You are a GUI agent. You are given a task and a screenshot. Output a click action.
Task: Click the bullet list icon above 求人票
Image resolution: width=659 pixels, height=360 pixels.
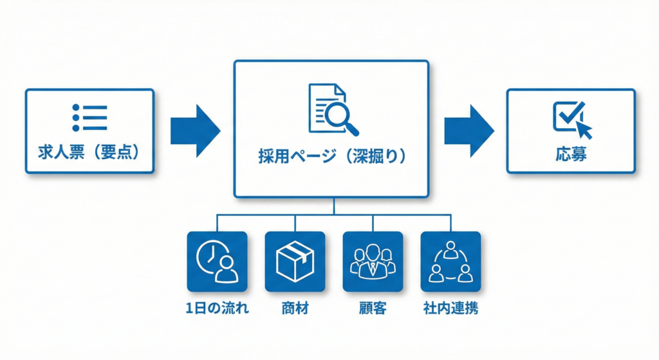pos(89,118)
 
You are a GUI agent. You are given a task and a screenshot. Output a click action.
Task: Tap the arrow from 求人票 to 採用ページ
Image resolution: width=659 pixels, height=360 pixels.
pos(195,131)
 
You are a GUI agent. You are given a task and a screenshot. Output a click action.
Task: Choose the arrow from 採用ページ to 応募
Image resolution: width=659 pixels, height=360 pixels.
pos(469,131)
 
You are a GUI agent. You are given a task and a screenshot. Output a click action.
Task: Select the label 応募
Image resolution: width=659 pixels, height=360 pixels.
pos(571,155)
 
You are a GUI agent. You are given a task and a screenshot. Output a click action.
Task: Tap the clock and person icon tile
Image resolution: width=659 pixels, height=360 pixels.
pos(217,261)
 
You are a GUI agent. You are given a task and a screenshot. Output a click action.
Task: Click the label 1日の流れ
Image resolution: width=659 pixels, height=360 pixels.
pos(217,308)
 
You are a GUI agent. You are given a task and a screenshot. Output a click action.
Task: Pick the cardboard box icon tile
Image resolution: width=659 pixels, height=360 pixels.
pos(295,261)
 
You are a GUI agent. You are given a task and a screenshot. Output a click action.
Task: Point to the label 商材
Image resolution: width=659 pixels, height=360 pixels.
pos(295,308)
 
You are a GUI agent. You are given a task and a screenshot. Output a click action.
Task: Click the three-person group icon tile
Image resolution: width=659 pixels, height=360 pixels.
pos(373,261)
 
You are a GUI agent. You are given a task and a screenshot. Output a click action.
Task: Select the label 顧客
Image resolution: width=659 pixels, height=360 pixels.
pos(373,308)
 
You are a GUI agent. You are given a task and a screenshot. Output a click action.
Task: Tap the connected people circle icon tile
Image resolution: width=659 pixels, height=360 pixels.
pos(450,261)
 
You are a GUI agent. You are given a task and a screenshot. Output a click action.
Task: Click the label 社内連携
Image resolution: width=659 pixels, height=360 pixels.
pos(450,308)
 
